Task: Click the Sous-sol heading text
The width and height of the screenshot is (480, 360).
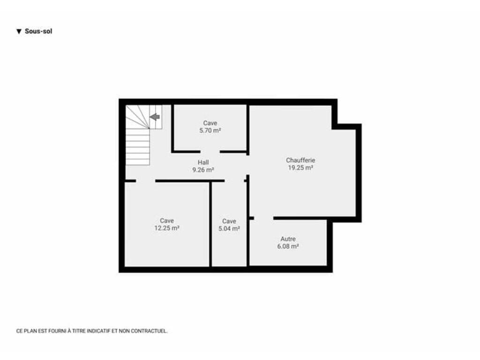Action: click(x=38, y=31)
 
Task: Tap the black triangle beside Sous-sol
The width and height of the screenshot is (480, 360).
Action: click(x=19, y=31)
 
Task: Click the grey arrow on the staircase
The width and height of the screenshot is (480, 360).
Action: click(x=155, y=117)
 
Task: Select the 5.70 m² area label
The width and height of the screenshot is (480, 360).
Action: click(x=210, y=130)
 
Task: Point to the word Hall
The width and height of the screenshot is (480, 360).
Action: click(x=203, y=162)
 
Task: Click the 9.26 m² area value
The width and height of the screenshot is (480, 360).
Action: click(x=203, y=170)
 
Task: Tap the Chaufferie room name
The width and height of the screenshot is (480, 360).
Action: click(x=300, y=160)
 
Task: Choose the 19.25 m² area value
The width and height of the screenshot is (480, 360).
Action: click(x=300, y=168)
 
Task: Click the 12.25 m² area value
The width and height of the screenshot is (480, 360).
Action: click(x=167, y=228)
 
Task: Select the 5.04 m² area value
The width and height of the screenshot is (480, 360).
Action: click(x=229, y=229)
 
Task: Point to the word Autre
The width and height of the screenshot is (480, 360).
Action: click(x=288, y=239)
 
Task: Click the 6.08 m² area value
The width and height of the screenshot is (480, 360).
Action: click(x=288, y=247)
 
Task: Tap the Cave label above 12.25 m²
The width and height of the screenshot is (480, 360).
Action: click(x=167, y=220)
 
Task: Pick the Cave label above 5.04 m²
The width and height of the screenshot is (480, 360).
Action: click(x=229, y=221)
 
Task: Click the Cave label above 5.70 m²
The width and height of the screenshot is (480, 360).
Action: click(x=210, y=123)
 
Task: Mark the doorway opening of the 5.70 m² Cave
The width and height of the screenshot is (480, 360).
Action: click(x=210, y=151)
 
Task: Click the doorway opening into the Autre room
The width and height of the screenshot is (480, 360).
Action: click(x=263, y=218)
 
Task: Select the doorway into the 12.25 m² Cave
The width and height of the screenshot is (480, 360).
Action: click(x=145, y=181)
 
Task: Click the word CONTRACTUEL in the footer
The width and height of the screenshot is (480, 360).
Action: click(x=149, y=331)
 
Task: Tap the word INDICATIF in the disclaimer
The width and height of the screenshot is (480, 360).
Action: click(x=98, y=331)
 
